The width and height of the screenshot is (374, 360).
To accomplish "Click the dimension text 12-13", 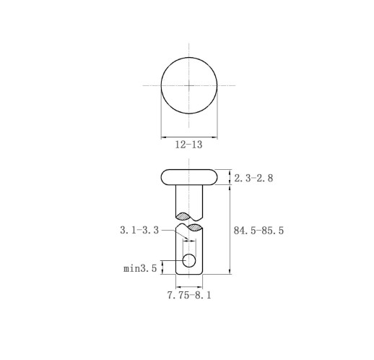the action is (x=188, y=145).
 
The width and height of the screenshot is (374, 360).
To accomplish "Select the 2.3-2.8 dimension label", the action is (x=253, y=179).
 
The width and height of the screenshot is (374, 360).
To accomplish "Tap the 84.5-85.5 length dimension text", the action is (x=258, y=231).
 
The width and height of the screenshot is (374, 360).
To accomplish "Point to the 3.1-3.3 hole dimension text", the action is (x=139, y=230).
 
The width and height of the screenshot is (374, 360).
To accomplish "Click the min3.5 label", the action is (x=140, y=268).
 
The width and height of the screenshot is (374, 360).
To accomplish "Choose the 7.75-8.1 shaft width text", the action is (x=189, y=295).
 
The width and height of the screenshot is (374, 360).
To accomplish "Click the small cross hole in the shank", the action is (x=189, y=260).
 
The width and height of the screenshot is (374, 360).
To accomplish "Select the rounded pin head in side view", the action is (x=189, y=177).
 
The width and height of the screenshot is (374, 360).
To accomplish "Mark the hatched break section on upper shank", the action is (x=183, y=216).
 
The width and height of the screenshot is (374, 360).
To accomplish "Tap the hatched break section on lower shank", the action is (x=195, y=228).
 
